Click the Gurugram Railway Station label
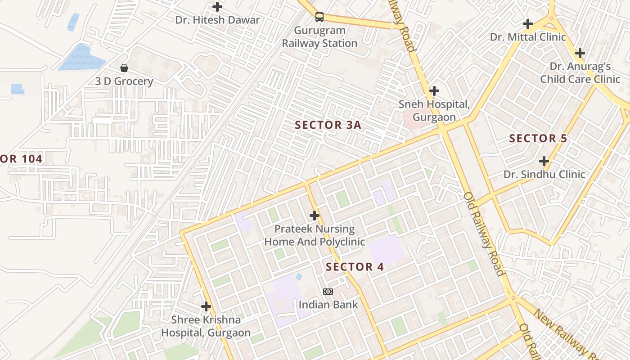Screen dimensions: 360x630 (319, 37)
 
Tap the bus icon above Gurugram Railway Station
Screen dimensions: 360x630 (319, 17)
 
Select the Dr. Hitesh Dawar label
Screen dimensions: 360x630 (217, 20)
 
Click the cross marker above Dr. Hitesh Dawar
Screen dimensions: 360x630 (217, 7)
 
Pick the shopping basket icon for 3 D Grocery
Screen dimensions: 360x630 (124, 68)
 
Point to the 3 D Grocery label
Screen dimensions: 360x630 (124, 81)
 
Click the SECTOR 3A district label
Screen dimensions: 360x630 (328, 125)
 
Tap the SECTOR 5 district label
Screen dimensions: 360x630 (538, 139)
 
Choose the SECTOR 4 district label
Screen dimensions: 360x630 (355, 267)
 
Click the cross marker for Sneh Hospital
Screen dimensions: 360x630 (434, 91)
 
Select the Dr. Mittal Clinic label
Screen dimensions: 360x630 (528, 37)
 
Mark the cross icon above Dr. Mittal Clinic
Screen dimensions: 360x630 (528, 23)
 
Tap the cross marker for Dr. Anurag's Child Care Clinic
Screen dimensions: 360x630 (580, 53)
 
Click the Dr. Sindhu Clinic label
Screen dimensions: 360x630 (544, 174)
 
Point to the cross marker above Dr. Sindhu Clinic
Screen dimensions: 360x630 (544, 161)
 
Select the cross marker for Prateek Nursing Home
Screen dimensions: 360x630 (315, 216)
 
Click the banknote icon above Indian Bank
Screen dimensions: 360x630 (328, 292)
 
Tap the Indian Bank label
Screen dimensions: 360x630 (328, 305)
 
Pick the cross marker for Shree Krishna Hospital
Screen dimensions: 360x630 (206, 306)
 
